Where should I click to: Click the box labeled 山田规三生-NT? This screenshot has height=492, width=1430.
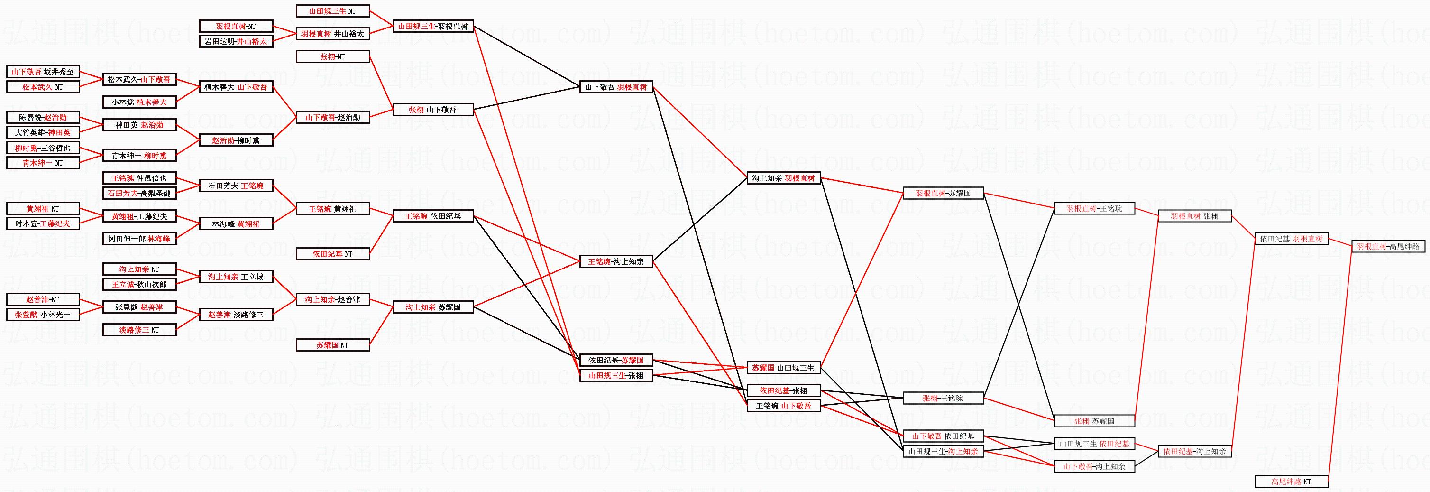point(332,11)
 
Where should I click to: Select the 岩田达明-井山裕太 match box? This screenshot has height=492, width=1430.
point(236,41)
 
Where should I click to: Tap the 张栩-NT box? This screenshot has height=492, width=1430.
point(332,56)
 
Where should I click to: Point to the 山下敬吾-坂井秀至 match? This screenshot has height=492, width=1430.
point(43,72)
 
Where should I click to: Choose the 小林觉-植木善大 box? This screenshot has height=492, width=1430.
point(139,102)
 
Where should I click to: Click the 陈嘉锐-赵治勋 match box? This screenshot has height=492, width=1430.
point(43,117)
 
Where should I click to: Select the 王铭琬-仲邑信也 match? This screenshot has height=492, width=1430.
point(139,178)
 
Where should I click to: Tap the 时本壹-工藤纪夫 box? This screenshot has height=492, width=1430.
point(43,223)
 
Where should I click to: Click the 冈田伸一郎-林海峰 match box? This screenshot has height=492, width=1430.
point(139,239)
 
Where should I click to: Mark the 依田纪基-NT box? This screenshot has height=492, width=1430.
point(332,254)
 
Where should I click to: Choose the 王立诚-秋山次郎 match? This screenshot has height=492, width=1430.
point(139,284)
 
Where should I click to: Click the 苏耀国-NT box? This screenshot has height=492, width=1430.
point(332,345)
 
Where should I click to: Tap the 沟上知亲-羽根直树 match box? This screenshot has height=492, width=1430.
point(783,178)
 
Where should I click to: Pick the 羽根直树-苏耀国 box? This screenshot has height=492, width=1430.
point(943,193)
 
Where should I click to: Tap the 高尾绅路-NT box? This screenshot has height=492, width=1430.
point(1291,482)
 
